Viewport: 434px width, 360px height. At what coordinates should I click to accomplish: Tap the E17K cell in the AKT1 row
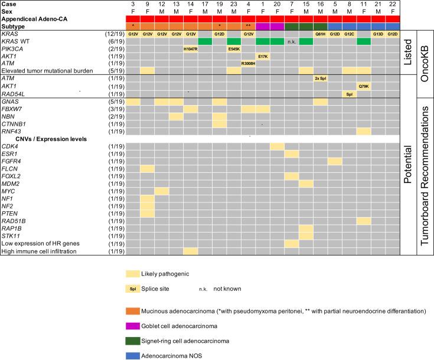click(x=262, y=56)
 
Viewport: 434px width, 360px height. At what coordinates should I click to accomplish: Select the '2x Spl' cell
click(x=320, y=78)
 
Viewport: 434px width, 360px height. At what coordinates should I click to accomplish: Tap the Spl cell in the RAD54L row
click(x=349, y=94)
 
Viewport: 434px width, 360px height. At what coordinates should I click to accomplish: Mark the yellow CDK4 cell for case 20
click(x=277, y=146)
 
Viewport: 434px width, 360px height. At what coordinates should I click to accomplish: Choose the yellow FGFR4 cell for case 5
click(x=334, y=161)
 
